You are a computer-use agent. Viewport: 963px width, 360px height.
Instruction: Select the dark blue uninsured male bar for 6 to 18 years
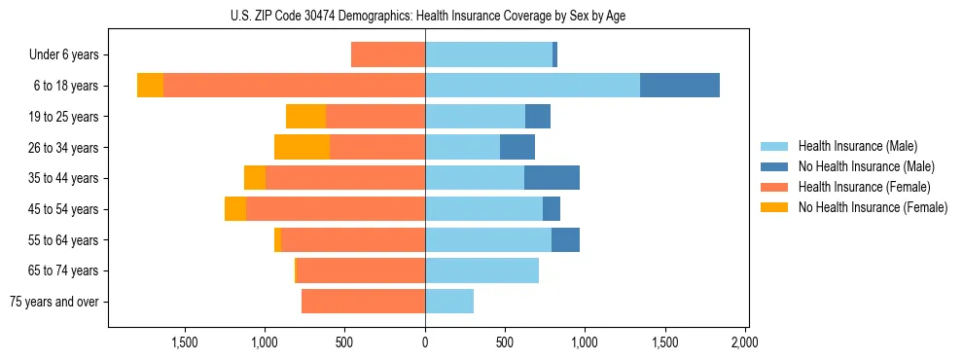click(x=679, y=86)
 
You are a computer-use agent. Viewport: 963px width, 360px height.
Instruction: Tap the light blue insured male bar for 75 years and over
click(x=449, y=302)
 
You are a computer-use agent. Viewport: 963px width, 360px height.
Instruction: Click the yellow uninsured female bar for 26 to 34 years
click(x=302, y=147)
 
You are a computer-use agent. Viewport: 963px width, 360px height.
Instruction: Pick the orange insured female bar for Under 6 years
click(x=388, y=54)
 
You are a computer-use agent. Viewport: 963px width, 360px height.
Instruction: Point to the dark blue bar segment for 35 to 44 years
click(x=552, y=178)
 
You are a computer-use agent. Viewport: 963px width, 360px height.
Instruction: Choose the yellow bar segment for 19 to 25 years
click(x=305, y=117)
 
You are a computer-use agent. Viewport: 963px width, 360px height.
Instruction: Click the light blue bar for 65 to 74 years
click(x=481, y=270)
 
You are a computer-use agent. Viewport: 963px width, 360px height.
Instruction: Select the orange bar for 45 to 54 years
click(x=336, y=209)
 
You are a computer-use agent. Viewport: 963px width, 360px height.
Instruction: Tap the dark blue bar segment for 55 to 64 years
click(x=565, y=239)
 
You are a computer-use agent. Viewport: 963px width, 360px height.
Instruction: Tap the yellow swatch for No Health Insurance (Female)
click(x=774, y=207)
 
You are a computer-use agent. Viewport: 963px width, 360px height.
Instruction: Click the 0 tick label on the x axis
click(x=425, y=342)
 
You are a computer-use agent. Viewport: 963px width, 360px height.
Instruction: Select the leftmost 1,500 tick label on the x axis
click(x=185, y=342)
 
